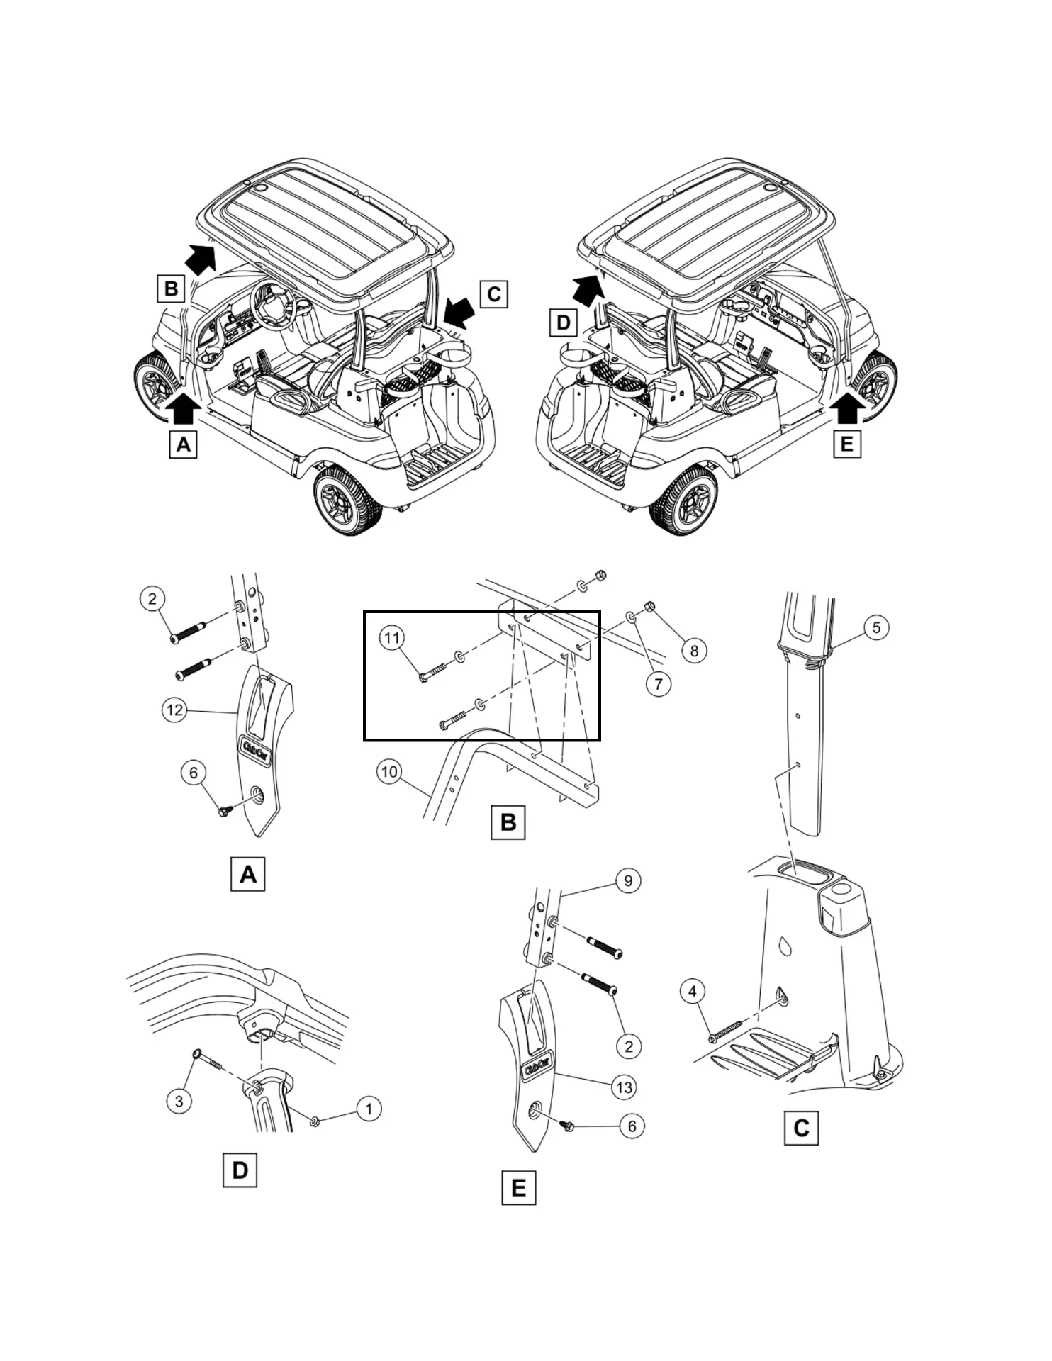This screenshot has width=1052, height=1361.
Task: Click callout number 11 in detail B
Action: tap(391, 638)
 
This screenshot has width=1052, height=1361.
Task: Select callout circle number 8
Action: tap(694, 651)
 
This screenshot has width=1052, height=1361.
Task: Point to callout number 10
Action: tap(389, 771)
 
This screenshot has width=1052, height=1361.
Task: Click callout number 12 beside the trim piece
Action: tap(174, 710)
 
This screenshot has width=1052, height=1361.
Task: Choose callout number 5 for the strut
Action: tap(876, 627)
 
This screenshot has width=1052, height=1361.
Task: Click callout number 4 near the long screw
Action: tap(693, 991)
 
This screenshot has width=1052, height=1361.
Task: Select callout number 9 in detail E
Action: tap(628, 880)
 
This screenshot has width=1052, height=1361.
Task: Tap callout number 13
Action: tap(624, 1087)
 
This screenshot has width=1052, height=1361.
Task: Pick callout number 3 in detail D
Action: tap(179, 1101)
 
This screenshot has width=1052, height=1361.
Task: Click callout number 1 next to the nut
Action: tap(369, 1109)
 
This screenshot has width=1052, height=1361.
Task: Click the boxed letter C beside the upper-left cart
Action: tap(494, 294)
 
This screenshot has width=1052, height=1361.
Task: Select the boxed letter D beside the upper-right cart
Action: tap(563, 323)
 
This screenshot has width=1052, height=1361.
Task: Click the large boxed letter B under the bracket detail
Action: tap(508, 822)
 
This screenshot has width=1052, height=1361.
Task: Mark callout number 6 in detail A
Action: tap(194, 773)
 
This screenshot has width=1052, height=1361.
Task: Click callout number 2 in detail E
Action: tap(628, 1046)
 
